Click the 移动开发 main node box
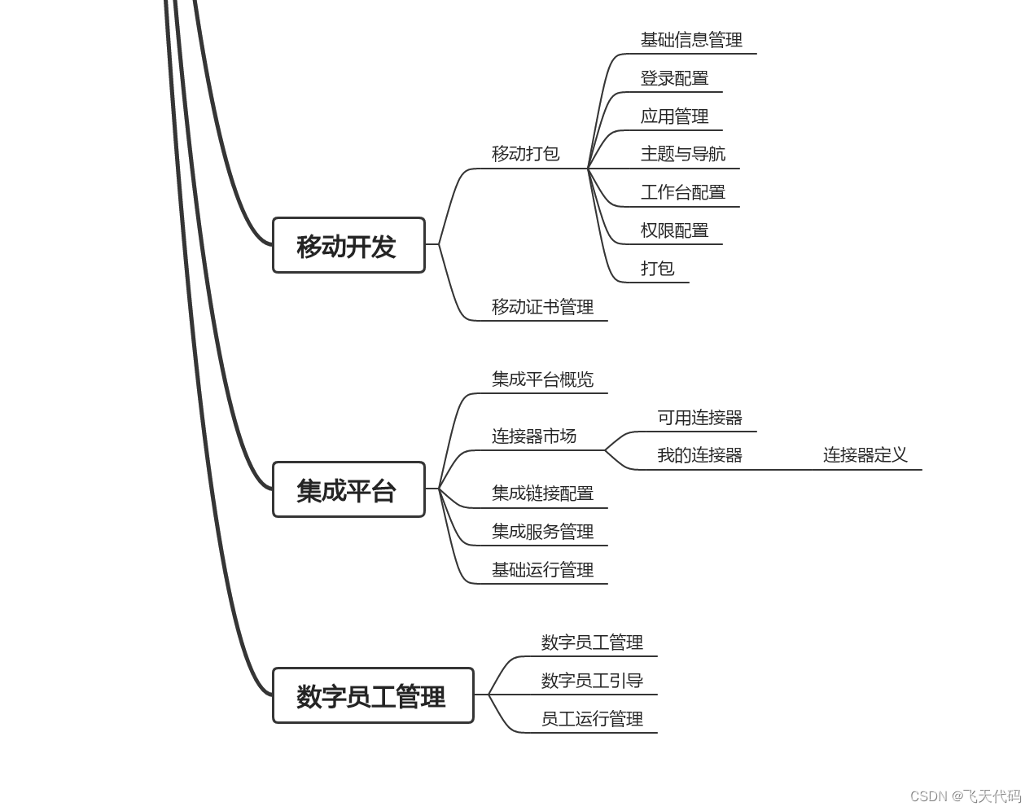348,245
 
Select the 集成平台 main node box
348,489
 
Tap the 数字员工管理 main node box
373,695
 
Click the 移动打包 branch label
525,153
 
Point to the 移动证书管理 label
542,307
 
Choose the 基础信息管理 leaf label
691,40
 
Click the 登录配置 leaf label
674,78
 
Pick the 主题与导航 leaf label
682,154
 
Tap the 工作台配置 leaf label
682,192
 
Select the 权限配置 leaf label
674,230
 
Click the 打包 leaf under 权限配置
657,269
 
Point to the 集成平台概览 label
542,379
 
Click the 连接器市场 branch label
533,436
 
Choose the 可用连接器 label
699,418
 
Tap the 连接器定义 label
865,455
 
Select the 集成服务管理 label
542,532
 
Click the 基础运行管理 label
542,570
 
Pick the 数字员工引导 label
592,681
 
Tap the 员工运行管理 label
592,719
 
